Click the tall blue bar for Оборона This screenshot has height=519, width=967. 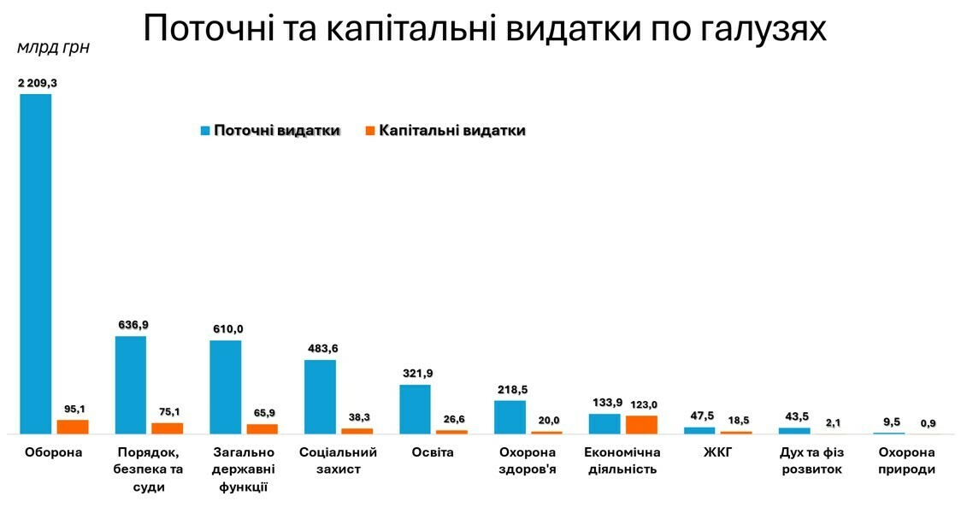coord(36,263)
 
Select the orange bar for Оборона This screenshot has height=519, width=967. coord(73,427)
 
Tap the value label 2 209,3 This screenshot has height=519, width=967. coord(37,84)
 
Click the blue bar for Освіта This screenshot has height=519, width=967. coord(415,409)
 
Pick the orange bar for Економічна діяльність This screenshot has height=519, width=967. coord(641,424)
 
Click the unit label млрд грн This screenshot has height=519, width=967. coord(53,48)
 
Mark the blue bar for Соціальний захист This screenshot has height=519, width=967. coord(320,397)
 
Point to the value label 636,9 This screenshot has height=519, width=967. coord(131,325)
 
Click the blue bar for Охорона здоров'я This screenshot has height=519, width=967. coord(510,416)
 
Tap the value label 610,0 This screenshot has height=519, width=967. coord(226,329)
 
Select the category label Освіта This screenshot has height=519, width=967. coord(433,452)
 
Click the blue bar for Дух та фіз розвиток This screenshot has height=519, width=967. coord(793,430)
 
